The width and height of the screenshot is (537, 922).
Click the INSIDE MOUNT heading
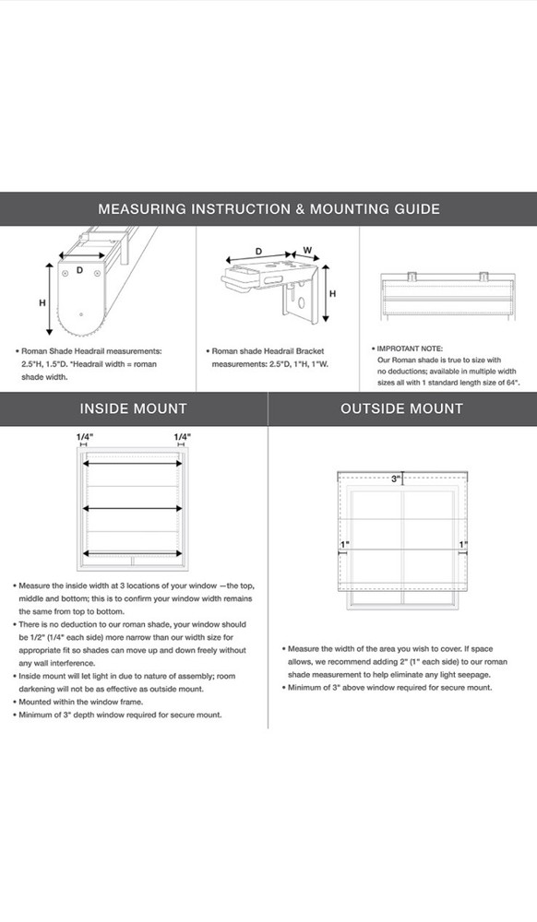[134, 408]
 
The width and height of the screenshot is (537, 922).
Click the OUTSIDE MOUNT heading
[401, 408]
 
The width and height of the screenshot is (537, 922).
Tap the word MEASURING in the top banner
[142, 208]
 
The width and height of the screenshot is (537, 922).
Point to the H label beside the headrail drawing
[42, 302]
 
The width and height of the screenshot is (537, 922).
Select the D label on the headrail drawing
[79, 270]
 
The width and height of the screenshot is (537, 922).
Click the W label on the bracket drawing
[307, 250]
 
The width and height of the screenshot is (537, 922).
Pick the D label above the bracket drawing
[258, 251]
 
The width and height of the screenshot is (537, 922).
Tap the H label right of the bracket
[332, 293]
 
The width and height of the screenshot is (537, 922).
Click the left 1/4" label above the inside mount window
[85, 437]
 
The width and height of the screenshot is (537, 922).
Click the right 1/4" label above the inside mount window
[183, 437]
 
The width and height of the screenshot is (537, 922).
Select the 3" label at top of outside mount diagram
[396, 479]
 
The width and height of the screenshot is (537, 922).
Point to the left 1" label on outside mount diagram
[345, 545]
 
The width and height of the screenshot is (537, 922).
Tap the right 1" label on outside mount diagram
[463, 545]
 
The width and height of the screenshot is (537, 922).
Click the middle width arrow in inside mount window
[132, 508]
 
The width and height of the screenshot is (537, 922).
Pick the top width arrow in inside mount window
[132, 464]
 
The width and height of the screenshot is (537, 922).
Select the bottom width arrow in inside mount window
[132, 553]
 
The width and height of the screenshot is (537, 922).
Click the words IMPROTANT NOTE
[410, 349]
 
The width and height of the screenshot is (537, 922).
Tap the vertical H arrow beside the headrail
[51, 300]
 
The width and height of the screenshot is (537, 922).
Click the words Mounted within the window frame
[81, 702]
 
